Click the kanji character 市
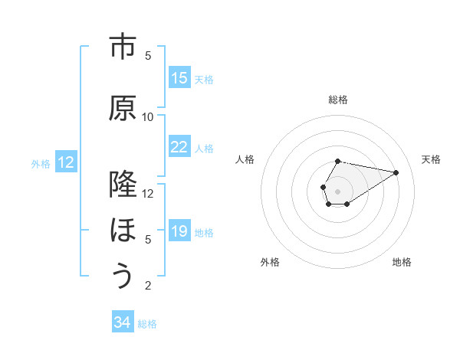pyautogui.click(x=123, y=47)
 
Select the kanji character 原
pyautogui.click(x=123, y=109)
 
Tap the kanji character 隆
pyautogui.click(x=123, y=185)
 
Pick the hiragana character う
pyautogui.click(x=123, y=277)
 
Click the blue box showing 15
pyautogui.click(x=179, y=78)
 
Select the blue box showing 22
pyautogui.click(x=179, y=147)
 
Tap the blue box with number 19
pyautogui.click(x=179, y=231)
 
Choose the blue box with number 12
pyautogui.click(x=66, y=162)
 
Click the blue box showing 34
pyautogui.click(x=123, y=322)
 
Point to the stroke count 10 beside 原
pyautogui.click(x=148, y=117)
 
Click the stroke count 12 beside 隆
pyautogui.click(x=148, y=193)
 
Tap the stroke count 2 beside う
pyautogui.click(x=148, y=286)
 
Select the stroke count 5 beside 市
pyautogui.click(x=148, y=56)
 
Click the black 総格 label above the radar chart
pyautogui.click(x=338, y=100)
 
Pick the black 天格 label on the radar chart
pyautogui.click(x=431, y=159)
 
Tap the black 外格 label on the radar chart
pyautogui.click(x=270, y=262)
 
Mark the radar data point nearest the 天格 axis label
pyautogui.click(x=396, y=172)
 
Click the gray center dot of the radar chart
pyautogui.click(x=337, y=190)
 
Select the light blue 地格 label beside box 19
pyautogui.click(x=204, y=232)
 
